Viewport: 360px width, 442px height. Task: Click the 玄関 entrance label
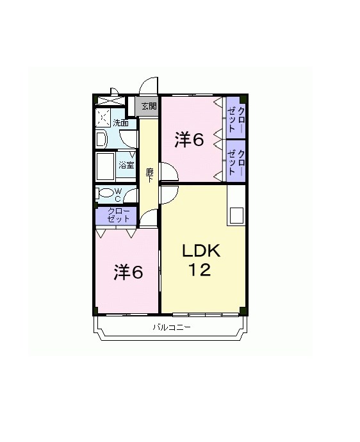[x=149, y=106]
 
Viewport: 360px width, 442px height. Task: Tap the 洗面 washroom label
[x=120, y=123]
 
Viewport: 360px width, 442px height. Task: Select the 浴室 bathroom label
[x=126, y=165]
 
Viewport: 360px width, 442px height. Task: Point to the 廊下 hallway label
[x=149, y=176]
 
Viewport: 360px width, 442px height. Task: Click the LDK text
[x=200, y=250]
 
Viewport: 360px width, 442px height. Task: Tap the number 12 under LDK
[x=200, y=270]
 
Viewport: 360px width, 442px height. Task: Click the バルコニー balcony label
[x=172, y=327]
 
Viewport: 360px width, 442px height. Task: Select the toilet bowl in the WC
[x=105, y=193]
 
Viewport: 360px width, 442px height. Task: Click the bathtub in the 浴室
[x=106, y=167]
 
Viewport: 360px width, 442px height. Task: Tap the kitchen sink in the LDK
[x=236, y=215]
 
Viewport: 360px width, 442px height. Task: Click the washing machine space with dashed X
[x=103, y=118]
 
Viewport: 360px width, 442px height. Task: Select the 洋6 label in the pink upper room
[x=189, y=140]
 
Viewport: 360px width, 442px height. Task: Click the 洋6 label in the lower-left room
[x=128, y=272]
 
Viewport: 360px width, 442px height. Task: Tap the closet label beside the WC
[x=119, y=215]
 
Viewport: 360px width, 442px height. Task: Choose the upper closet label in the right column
[x=236, y=120]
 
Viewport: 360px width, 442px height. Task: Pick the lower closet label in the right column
[x=236, y=163]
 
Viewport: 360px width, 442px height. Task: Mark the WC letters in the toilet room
[x=118, y=195]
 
